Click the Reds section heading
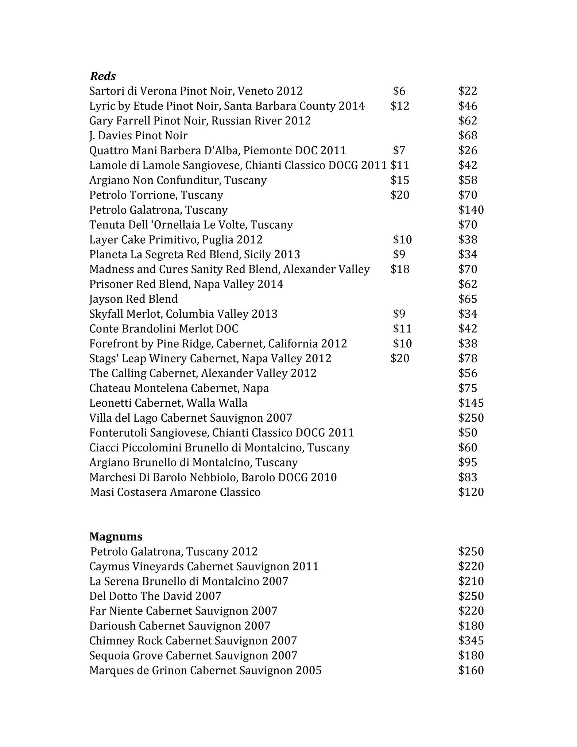coord(103,76)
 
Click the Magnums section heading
coord(116,537)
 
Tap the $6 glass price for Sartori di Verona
coord(399,91)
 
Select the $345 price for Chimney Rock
coord(471,640)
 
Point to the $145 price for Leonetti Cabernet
coord(471,403)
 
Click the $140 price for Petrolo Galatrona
coord(471,210)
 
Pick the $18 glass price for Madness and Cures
coord(400,269)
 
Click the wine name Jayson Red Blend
coord(133,299)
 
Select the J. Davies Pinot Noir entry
coord(138,136)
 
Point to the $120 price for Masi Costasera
coord(471,492)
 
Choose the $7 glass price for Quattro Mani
coord(399,150)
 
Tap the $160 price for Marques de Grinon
coord(471,670)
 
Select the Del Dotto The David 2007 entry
coord(155,596)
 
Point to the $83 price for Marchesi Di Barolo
coord(468,477)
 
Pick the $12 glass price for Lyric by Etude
coord(400,106)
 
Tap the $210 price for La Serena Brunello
coord(471,581)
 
